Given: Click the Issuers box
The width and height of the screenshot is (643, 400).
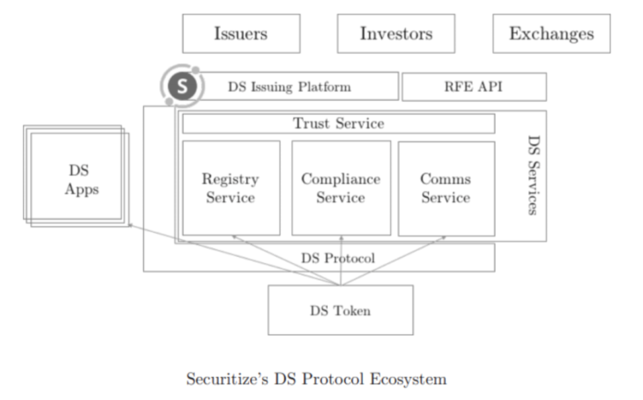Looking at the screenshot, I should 241,34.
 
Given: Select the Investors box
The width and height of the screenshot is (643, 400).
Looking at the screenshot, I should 396,34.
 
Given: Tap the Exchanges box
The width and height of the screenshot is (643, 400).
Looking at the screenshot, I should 551,34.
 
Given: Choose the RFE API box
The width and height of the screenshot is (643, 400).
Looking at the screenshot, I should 474,87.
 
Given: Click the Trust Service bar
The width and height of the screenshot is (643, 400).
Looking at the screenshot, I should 338,124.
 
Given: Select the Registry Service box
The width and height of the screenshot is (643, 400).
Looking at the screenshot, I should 231,188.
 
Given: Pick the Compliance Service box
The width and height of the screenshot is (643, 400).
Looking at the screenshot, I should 341,188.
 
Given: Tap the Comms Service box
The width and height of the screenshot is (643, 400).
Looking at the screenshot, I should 446,188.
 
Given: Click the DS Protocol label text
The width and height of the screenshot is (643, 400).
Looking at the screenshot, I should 337,258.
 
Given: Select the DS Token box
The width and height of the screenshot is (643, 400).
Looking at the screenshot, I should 340,310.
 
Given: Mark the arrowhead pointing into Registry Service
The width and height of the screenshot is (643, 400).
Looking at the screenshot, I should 234,236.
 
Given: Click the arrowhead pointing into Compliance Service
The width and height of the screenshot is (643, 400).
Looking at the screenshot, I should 341,236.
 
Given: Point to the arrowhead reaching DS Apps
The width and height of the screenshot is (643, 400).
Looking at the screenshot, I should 131,226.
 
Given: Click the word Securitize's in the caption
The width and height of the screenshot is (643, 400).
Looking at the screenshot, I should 224,379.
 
